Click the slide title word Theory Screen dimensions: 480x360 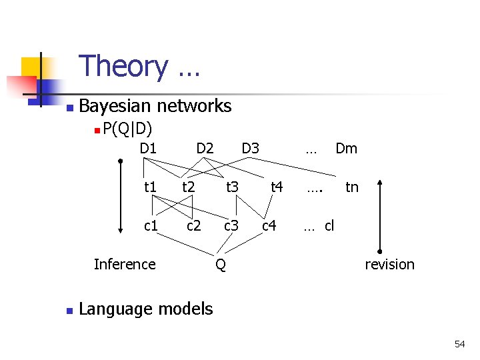(123, 67)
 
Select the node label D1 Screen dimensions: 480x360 (148, 148)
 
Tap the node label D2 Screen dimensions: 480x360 (205, 148)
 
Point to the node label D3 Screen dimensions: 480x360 (250, 148)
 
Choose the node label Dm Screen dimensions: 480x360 (346, 148)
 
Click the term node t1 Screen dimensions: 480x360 (151, 187)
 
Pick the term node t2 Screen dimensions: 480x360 (189, 187)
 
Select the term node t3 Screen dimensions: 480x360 (232, 187)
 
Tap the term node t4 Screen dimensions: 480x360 (277, 187)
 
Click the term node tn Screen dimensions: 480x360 (351, 187)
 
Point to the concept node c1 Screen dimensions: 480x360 (151, 226)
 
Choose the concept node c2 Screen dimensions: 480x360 (193, 226)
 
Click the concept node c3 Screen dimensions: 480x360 (231, 226)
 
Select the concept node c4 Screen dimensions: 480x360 (269, 226)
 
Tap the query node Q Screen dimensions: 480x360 (221, 265)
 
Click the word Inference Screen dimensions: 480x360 (125, 264)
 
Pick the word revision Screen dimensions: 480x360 (389, 264)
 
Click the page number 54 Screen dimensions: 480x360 (459, 344)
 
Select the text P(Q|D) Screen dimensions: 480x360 (128, 128)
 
